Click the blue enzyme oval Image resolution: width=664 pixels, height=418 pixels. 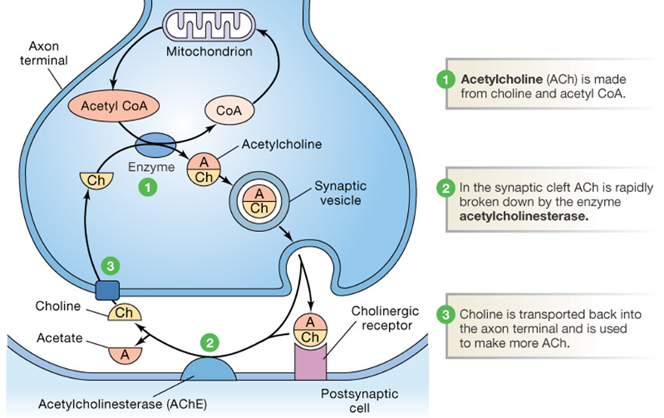[155, 144]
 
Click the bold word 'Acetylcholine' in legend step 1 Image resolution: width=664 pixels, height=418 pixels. [496, 79]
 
